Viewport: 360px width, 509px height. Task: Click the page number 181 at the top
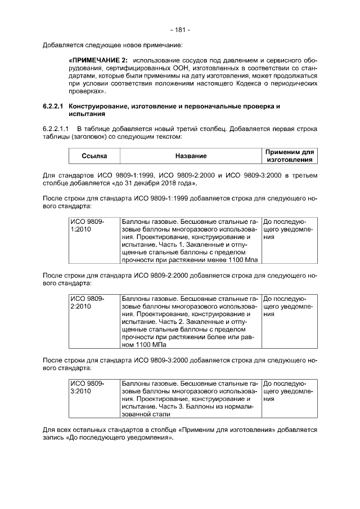coord(179,29)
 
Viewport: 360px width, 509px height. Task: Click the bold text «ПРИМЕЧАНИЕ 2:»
coord(97,60)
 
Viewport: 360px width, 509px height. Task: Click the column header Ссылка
coord(94,156)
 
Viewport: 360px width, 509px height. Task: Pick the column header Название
coord(190,156)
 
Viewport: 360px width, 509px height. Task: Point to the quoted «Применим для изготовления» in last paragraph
coord(226,430)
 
